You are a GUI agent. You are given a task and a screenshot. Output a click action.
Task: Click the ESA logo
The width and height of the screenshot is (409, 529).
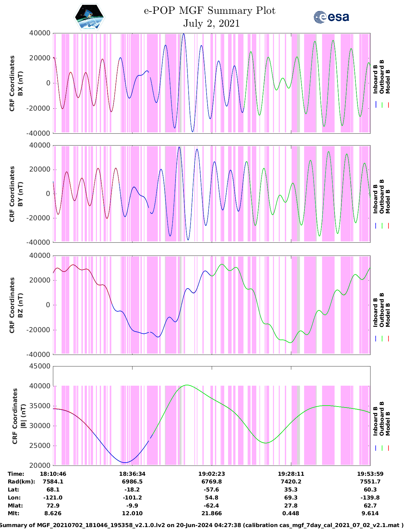click(331, 17)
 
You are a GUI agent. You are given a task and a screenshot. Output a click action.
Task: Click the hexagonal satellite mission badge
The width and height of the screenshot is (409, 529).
click(89, 17)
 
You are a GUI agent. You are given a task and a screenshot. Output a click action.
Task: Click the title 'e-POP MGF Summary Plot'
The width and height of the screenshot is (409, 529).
click(209, 11)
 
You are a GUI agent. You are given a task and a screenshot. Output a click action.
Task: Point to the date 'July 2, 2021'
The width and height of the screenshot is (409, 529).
click(211, 23)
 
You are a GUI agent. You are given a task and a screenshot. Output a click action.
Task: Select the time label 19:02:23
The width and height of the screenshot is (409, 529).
click(211, 474)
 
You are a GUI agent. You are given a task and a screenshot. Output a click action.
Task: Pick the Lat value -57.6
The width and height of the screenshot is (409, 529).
click(211, 490)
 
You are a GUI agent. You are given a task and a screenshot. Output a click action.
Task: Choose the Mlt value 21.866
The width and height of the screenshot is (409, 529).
click(211, 513)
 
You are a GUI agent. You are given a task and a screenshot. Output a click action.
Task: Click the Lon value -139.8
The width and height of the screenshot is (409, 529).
click(370, 498)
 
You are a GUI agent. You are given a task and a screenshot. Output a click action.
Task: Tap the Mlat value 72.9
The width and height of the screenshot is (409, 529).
click(53, 506)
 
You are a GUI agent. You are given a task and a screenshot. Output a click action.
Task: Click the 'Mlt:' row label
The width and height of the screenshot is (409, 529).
click(13, 513)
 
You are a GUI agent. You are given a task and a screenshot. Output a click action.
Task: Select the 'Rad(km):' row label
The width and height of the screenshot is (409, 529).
click(21, 482)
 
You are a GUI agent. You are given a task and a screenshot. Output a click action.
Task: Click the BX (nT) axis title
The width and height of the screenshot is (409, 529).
click(20, 83)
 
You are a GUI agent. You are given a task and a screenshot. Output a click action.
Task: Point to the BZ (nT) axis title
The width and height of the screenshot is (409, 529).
click(20, 305)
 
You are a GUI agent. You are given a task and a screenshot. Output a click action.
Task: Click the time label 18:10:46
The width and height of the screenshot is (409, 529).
click(53, 474)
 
